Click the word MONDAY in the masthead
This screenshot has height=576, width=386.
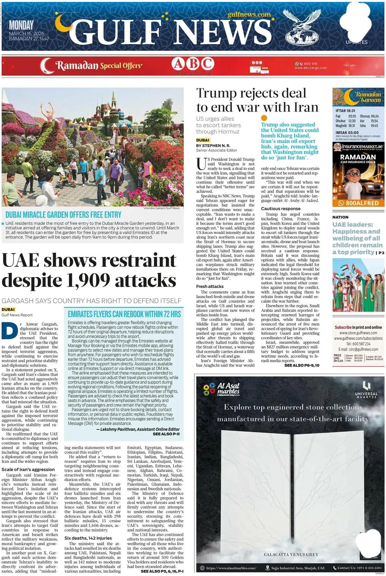coord(21,25)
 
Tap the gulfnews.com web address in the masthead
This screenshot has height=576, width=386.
coord(249,14)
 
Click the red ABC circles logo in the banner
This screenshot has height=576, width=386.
coord(193,64)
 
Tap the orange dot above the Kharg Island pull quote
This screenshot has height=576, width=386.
coord(264,118)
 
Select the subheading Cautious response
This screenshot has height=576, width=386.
coord(280,208)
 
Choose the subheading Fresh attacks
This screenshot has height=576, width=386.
coord(210,286)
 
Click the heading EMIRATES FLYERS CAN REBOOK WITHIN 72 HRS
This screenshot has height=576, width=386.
coord(124,314)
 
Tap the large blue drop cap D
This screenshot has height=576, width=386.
coord(9,331)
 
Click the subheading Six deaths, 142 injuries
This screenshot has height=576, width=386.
coord(88,538)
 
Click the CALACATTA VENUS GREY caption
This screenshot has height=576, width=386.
coord(291,554)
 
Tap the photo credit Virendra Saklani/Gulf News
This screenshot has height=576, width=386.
coord(161,208)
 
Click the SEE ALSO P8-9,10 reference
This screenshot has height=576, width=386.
coord(302,365)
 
